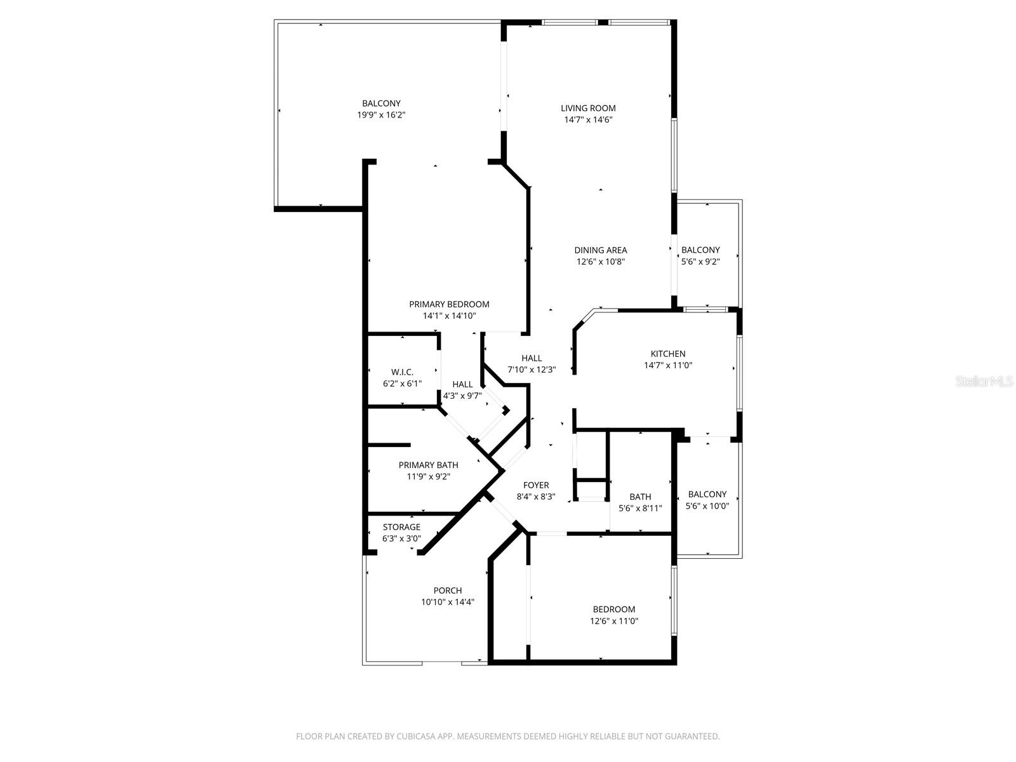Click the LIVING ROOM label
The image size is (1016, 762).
coord(588,108)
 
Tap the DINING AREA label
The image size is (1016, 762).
coord(601,250)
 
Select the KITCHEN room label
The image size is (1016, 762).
coord(668,354)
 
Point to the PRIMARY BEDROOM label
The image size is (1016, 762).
coord(449,304)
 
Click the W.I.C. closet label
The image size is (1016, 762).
coord(402,372)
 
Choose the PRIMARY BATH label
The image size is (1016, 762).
coord(428,465)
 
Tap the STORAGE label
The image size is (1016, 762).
coord(401,527)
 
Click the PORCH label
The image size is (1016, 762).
coord(448,591)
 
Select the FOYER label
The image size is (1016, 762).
coord(536,485)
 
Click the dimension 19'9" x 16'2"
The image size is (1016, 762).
coord(381,115)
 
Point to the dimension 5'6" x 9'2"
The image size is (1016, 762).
coord(700,262)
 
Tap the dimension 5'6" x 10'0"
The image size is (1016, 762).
coord(707,506)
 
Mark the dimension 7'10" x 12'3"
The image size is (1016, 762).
coord(531,370)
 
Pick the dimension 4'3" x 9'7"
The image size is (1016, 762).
coord(462,396)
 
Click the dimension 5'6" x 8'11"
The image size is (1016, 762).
coord(640,508)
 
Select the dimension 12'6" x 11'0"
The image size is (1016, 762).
coord(614,621)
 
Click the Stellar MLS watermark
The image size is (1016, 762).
coord(984,382)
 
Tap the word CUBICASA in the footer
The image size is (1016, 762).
coord(413,737)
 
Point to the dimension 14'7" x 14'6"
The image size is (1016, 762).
coord(588,119)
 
